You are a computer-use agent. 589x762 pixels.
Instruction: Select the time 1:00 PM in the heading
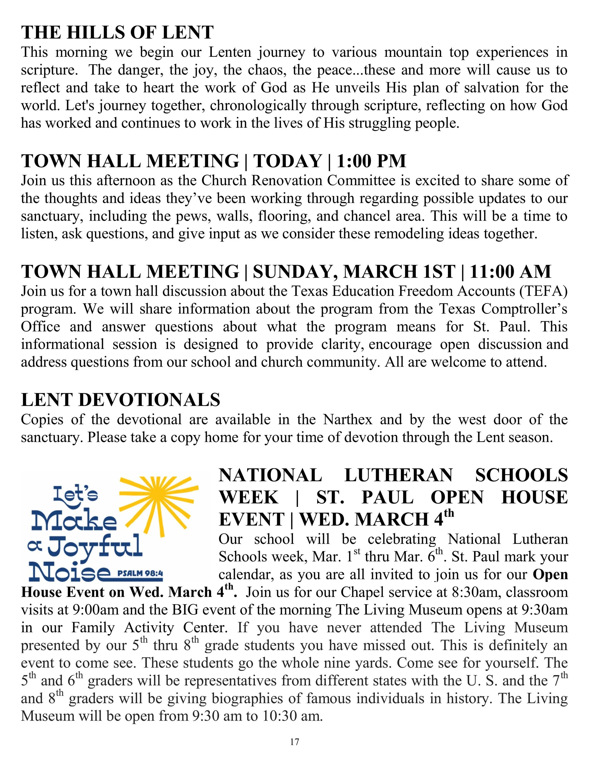pyautogui.click(x=372, y=161)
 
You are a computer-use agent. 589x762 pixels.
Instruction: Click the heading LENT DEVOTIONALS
pyautogui.click(x=121, y=400)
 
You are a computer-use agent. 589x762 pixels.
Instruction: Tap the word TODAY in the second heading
pyautogui.click(x=287, y=161)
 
